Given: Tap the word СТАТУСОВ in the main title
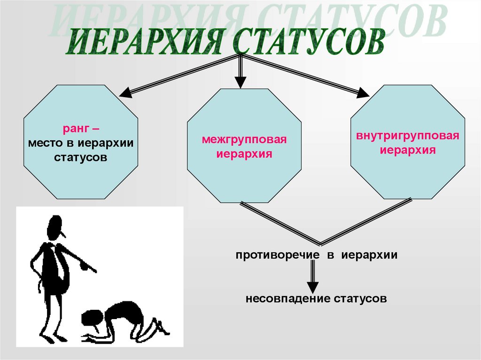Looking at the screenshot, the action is pyautogui.click(x=310, y=42).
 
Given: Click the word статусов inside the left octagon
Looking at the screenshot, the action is pyautogui.click(x=81, y=157).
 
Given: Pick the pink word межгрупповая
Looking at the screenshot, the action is pyautogui.click(x=244, y=140).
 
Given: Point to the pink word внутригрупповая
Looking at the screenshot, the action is pyautogui.click(x=408, y=137).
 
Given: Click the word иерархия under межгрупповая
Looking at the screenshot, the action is pyautogui.click(x=244, y=154).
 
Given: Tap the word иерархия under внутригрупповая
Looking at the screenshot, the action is pyautogui.click(x=408, y=151).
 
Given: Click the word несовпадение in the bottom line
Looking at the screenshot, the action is pyautogui.click(x=287, y=299).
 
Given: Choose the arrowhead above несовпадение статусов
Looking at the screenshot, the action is pyautogui.click(x=313, y=287).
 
